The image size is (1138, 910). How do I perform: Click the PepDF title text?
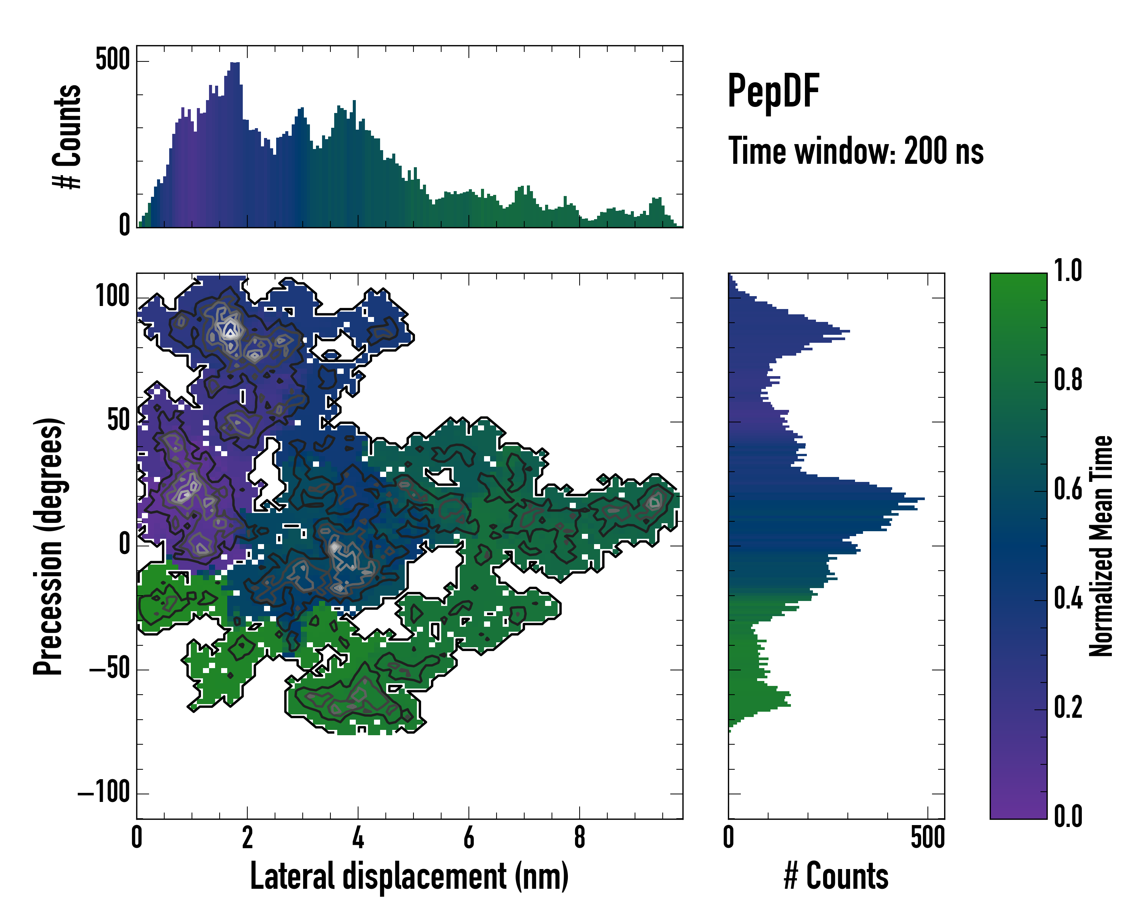(773, 92)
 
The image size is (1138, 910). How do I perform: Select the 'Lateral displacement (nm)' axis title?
(409, 876)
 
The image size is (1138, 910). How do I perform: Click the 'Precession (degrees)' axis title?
(49, 546)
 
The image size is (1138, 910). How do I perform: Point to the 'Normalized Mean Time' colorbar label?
(1101, 546)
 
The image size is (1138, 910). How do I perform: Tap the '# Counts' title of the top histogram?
(68, 136)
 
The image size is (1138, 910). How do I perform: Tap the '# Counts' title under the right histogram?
(836, 876)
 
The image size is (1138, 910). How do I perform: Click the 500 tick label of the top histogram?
(112, 59)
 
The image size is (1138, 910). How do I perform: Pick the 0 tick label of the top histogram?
(124, 225)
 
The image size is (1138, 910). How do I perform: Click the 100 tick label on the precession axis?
(112, 296)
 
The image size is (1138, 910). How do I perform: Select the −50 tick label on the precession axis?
(109, 668)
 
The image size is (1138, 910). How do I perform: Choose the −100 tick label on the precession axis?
(104, 792)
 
